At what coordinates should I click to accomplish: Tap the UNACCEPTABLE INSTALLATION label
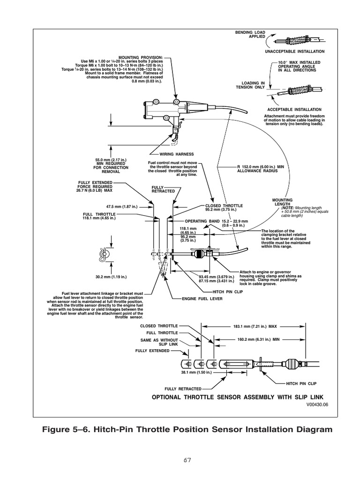tap(294, 52)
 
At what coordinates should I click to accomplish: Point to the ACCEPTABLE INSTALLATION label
tap(294, 109)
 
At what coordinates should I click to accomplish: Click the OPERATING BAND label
tap(202, 220)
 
